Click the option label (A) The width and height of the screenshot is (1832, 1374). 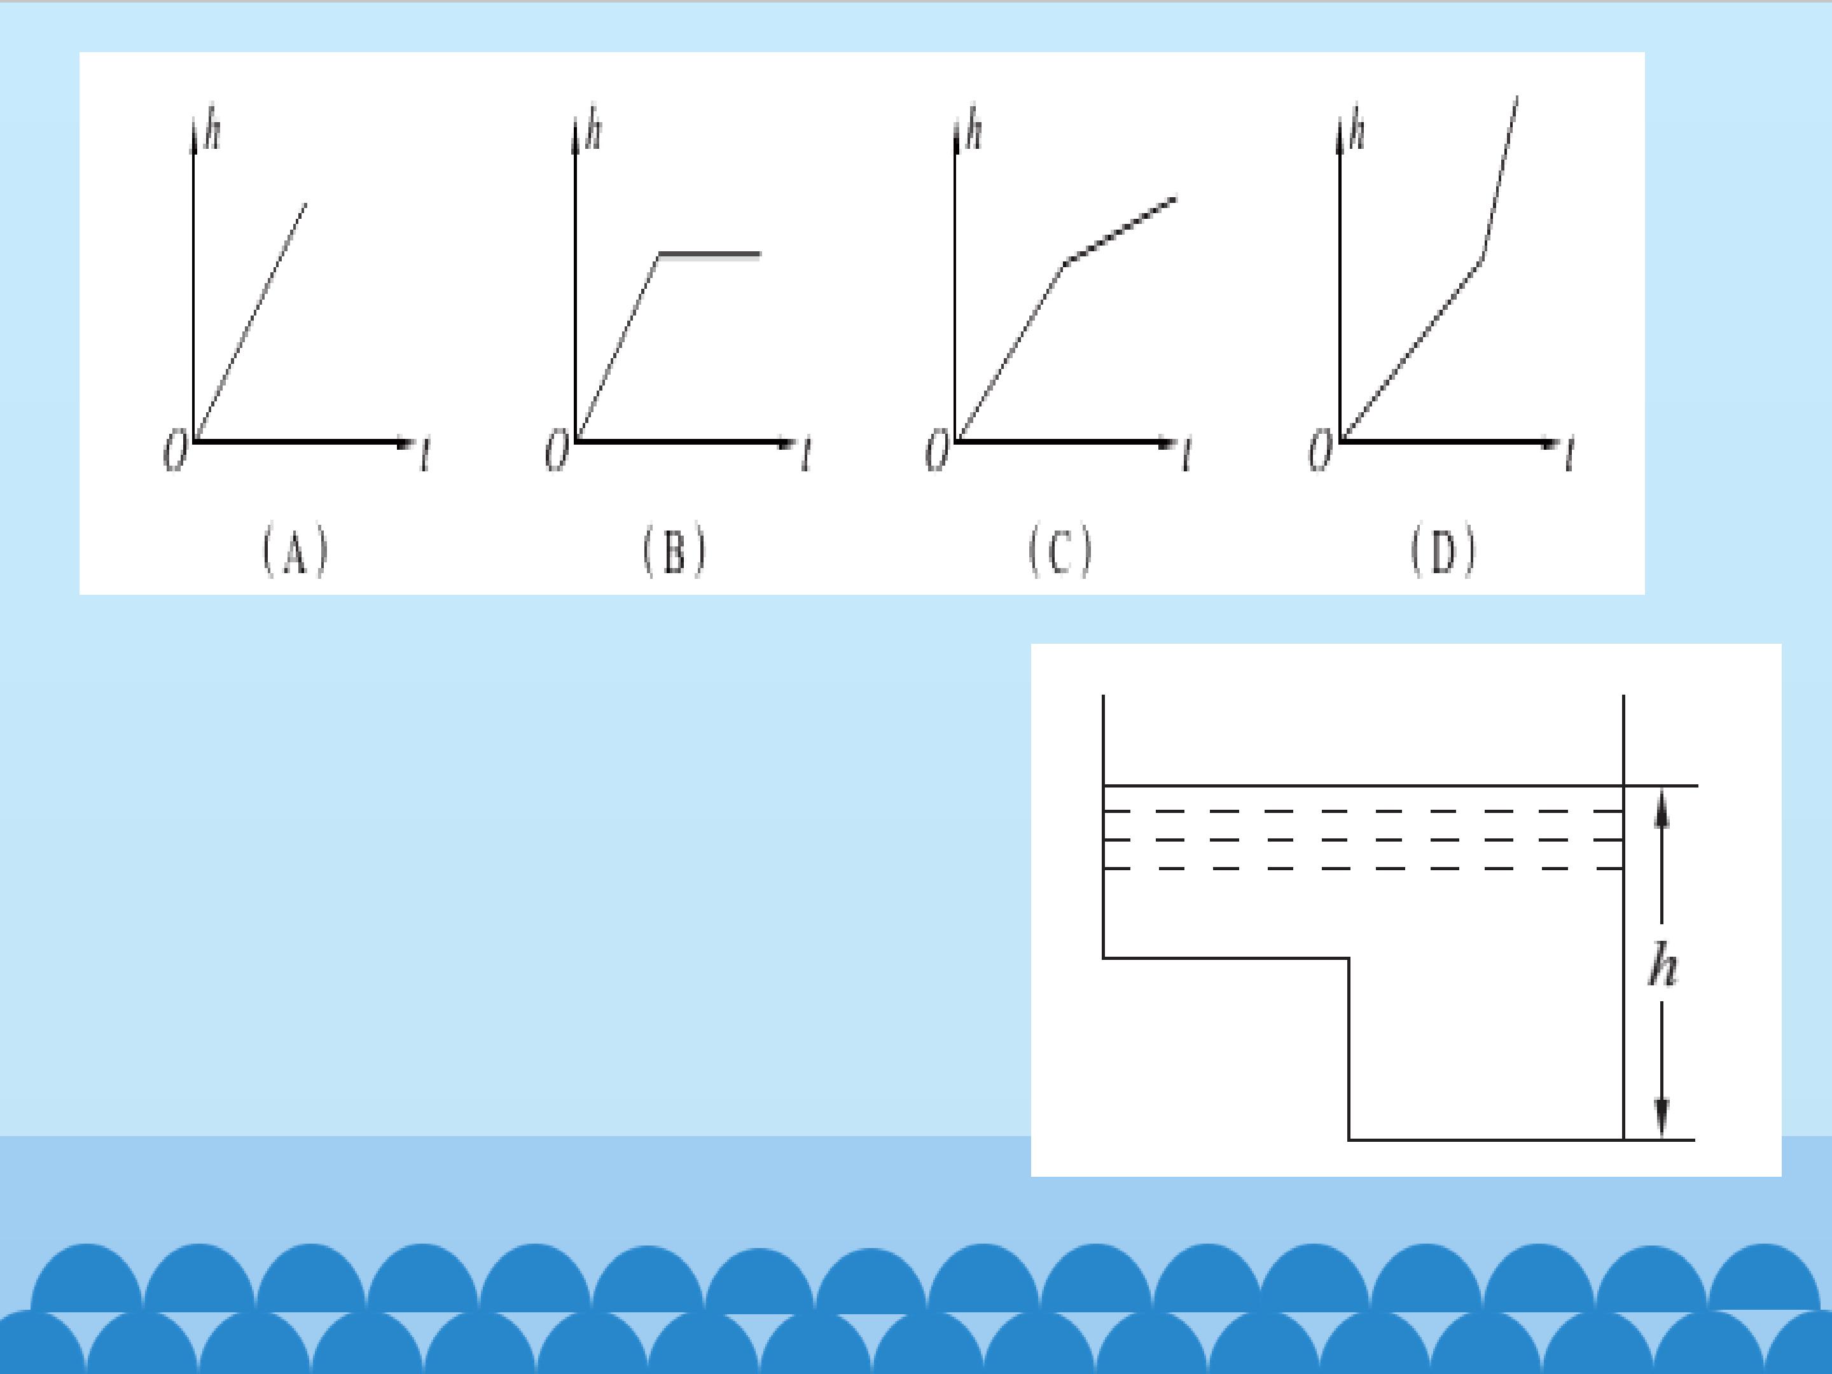296,552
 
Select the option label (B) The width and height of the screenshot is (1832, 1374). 675,552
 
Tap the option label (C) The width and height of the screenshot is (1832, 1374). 1061,552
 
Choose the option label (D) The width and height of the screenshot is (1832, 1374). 1443,552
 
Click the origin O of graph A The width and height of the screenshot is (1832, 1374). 176,452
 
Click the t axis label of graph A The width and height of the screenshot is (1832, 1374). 426,455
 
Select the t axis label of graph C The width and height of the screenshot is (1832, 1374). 1187,455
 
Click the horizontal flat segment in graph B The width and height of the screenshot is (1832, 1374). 710,254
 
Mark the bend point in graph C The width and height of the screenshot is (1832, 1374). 1065,263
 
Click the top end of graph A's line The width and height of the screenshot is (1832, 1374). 305,204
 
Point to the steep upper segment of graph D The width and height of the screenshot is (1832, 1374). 1500,177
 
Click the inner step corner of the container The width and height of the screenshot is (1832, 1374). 1349,958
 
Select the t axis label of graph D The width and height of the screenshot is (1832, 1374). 1569,455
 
